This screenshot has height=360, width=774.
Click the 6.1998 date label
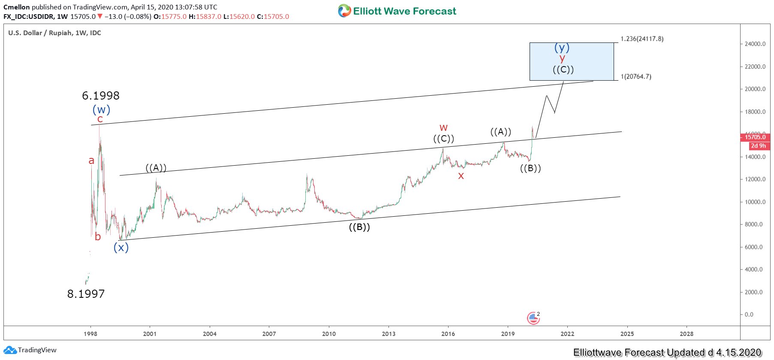[101, 96]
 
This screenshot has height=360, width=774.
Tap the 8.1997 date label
[86, 294]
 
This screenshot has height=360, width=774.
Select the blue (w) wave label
[102, 110]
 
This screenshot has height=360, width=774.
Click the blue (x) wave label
[121, 248]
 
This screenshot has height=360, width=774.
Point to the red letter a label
[91, 161]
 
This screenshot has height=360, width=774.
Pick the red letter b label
[98, 237]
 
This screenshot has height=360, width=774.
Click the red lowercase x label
[461, 176]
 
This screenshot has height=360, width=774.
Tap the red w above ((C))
[443, 128]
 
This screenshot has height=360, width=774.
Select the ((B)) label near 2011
[359, 227]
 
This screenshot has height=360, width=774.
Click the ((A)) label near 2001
[156, 168]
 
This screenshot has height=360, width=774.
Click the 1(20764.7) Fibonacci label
[636, 77]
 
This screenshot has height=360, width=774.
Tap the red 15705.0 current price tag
[755, 137]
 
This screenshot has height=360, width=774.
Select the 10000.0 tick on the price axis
[755, 202]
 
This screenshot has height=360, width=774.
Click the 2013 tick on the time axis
[389, 334]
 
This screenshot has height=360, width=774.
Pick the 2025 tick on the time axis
[627, 334]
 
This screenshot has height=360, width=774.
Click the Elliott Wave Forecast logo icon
[344, 11]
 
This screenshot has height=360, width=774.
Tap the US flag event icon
[533, 318]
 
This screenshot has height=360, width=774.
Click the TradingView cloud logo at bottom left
[10, 350]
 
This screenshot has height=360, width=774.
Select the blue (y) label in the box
[562, 48]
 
